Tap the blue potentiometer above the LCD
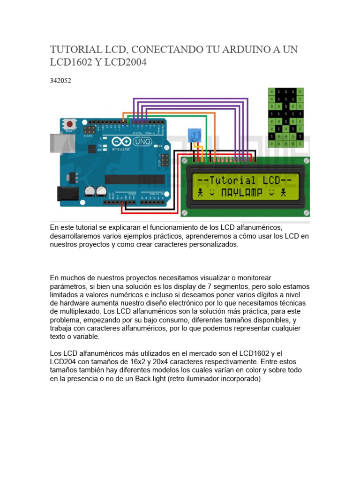193,135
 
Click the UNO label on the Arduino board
141,141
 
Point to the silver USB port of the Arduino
55,143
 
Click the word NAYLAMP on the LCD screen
242,192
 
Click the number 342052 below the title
60,81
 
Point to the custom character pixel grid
285,117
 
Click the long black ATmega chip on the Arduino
135,180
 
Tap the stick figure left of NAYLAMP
201,192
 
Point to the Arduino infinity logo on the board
119,141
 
